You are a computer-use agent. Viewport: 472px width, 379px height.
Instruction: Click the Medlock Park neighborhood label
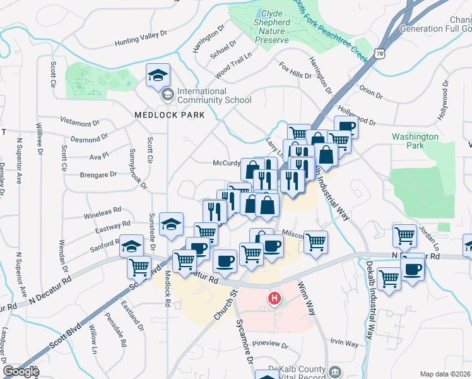170,115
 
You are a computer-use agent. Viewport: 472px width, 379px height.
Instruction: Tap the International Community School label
213,95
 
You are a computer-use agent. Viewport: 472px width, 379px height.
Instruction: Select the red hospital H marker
274,298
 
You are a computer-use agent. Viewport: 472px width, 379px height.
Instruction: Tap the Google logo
20,371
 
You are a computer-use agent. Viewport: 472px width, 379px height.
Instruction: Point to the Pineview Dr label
270,346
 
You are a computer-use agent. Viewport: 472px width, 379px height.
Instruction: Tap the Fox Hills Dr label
295,70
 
